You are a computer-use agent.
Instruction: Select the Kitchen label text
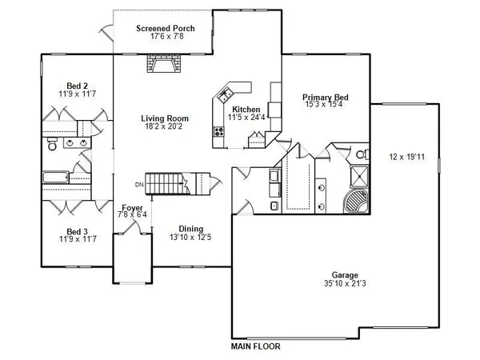pyautogui.click(x=246, y=109)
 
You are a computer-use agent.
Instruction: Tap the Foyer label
pyautogui.click(x=132, y=206)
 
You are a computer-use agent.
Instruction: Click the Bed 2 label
pyautogui.click(x=76, y=86)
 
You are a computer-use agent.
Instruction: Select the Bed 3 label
pyautogui.click(x=76, y=230)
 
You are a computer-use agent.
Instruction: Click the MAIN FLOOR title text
pyautogui.click(x=255, y=347)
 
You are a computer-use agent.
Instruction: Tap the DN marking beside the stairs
pyautogui.click(x=138, y=186)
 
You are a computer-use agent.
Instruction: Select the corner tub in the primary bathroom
pyautogui.click(x=355, y=202)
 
